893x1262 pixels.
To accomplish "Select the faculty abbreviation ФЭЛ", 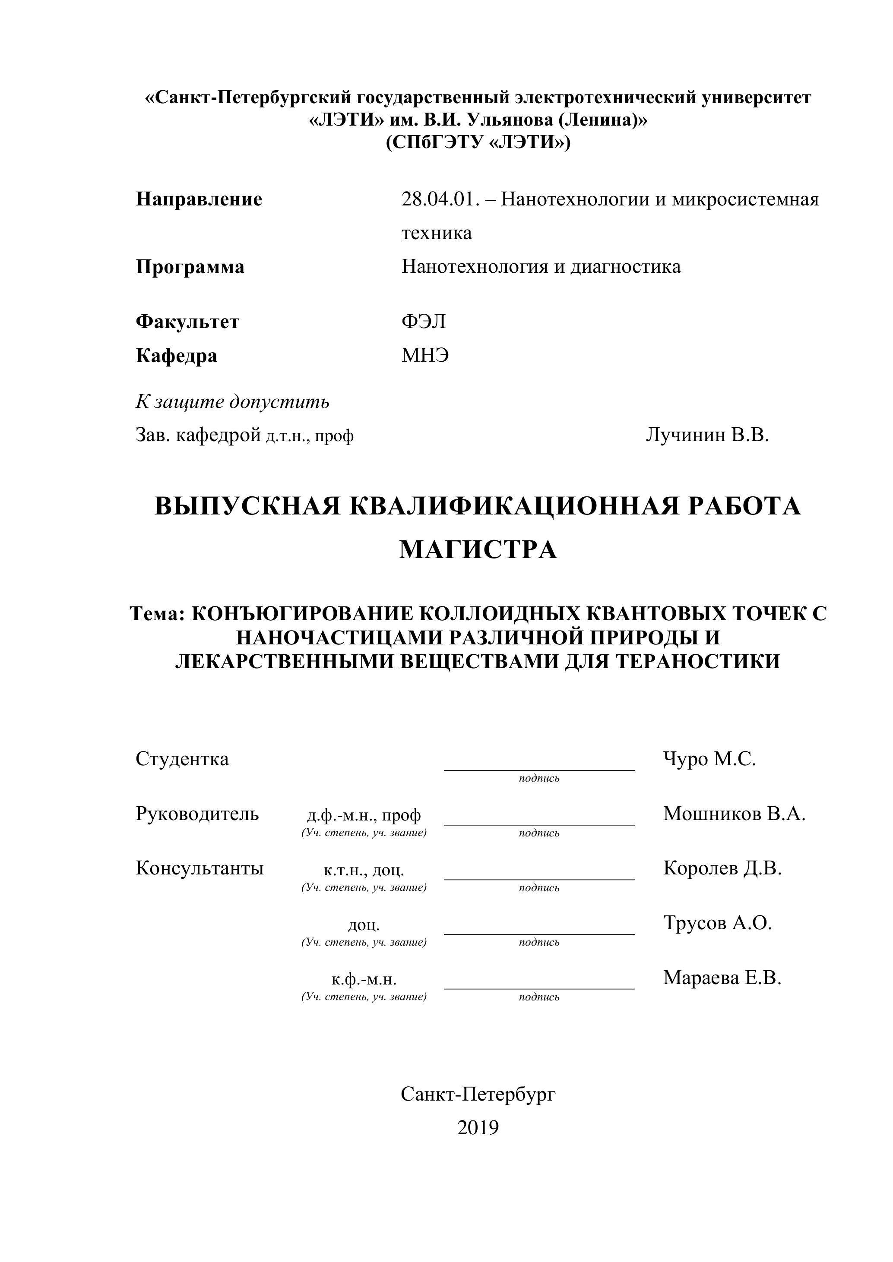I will point(424,321).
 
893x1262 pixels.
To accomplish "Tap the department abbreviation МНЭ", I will point(425,356).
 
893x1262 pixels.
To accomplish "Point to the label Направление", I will point(199,199).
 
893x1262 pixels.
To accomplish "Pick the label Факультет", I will point(187,321).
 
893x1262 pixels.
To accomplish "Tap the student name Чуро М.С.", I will point(709,759).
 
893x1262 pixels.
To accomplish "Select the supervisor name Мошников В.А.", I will point(734,814).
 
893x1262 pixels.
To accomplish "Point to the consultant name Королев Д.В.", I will point(722,868).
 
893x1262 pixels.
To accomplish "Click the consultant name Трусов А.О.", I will point(718,922).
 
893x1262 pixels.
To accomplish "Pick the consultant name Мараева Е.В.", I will point(722,977).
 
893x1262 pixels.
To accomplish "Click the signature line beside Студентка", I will point(539,769).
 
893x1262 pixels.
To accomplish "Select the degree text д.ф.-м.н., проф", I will point(364,814).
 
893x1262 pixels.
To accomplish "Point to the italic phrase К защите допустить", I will point(233,402).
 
